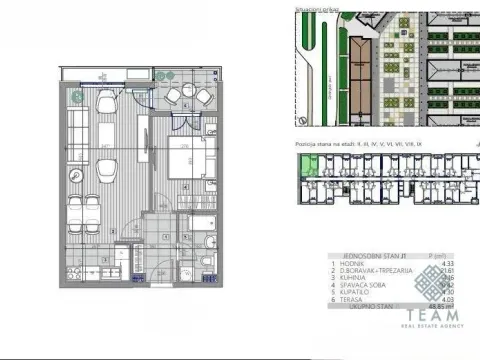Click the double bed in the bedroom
[186, 163]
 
